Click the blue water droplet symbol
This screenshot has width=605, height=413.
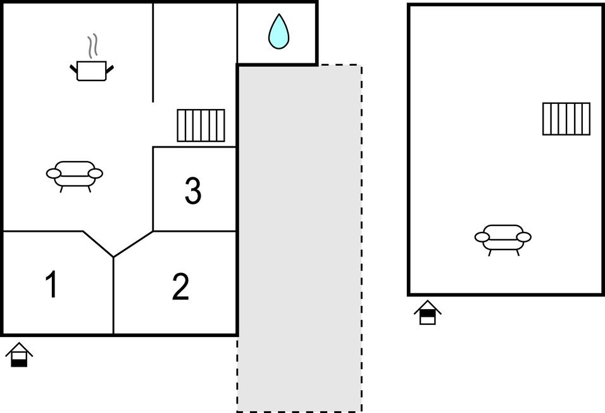pos(278,32)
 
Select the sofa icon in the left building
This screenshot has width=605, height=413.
pos(75,174)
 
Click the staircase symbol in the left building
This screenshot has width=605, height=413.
pos(201,125)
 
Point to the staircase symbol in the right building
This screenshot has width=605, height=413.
pos(566,118)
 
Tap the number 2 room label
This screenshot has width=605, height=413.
pos(180,288)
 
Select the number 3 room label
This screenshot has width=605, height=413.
pos(193,191)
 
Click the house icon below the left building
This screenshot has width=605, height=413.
pos(20,355)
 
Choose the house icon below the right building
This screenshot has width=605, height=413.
pos(428,312)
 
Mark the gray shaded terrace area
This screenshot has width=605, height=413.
pos(299,253)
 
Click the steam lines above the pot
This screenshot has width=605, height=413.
pos(93,46)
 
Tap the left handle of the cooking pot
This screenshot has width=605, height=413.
pos(73,66)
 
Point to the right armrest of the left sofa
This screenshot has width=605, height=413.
pos(95,173)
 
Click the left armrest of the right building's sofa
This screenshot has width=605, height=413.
pos(482,238)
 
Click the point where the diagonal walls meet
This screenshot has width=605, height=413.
pos(113,257)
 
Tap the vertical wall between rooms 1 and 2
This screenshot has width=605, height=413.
pos(113,298)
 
